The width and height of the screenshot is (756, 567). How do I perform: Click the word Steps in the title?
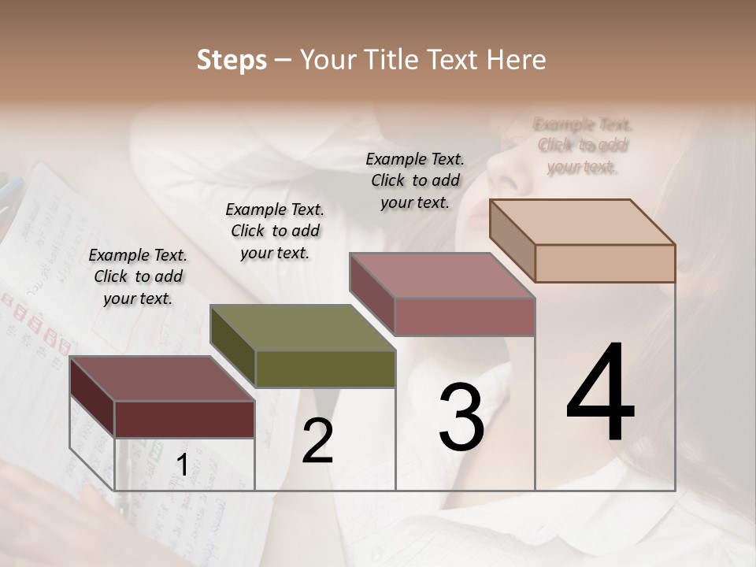coord(232,60)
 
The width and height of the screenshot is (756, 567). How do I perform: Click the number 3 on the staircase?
coord(461,417)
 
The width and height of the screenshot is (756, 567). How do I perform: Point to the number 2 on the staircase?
coord(317,441)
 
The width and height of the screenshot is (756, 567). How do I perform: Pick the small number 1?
coord(182,465)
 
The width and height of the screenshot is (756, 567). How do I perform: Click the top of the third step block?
coord(441,276)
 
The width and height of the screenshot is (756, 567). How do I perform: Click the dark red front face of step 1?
coord(184,419)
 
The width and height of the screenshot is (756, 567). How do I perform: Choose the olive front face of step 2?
coord(325,369)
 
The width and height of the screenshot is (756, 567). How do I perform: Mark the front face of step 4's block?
coord(605,263)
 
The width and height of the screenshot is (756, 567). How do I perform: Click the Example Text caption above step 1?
coord(138,276)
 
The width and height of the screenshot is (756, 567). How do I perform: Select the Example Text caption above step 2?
coord(275,231)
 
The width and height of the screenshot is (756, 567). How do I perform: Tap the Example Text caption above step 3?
coord(415,180)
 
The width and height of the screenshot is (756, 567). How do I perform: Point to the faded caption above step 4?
coord(583,146)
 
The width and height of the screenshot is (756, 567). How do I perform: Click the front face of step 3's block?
coord(465,317)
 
